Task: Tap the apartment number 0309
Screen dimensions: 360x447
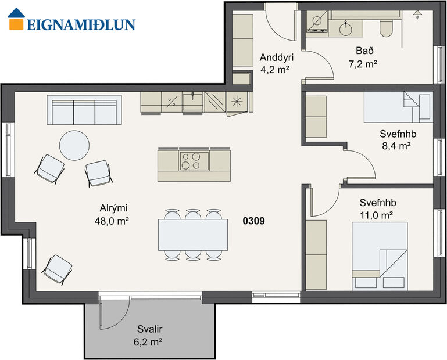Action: [254, 221]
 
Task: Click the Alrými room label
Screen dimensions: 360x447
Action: [111, 209]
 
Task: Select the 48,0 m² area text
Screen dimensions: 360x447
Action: [111, 221]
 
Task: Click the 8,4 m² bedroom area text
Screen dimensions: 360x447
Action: [394, 146]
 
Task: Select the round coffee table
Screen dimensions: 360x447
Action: [75, 145]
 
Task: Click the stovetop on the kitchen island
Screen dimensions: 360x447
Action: [194, 160]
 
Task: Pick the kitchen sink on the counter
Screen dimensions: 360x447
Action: [192, 102]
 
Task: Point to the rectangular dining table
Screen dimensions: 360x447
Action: [192, 234]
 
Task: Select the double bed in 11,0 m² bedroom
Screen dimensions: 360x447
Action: [380, 255]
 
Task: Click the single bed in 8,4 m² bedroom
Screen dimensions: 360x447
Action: [398, 107]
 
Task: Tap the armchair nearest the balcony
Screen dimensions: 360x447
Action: [58, 269]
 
